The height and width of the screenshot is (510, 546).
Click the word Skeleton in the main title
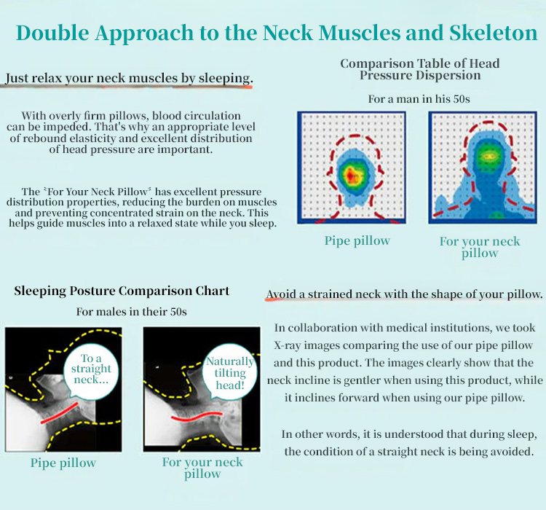493,33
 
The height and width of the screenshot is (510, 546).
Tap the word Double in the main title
52,33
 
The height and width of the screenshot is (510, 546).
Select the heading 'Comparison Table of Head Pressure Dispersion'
420,69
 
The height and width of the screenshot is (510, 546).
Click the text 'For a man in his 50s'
419,99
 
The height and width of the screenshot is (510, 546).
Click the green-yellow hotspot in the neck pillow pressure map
488,156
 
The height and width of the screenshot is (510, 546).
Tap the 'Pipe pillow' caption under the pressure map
357,240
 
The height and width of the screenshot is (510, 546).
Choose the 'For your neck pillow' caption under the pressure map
480,247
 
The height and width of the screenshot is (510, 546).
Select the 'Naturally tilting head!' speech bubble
230,372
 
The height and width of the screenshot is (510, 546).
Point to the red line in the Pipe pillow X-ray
60,413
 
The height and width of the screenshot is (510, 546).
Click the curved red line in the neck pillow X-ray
197,416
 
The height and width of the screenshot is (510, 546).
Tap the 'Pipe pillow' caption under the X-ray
63,463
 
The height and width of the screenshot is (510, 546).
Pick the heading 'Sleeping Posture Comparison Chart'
122,291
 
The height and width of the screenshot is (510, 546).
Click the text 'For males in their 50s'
131,311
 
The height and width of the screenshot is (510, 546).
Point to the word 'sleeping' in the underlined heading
225,78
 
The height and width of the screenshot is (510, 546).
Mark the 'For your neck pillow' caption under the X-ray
202,468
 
